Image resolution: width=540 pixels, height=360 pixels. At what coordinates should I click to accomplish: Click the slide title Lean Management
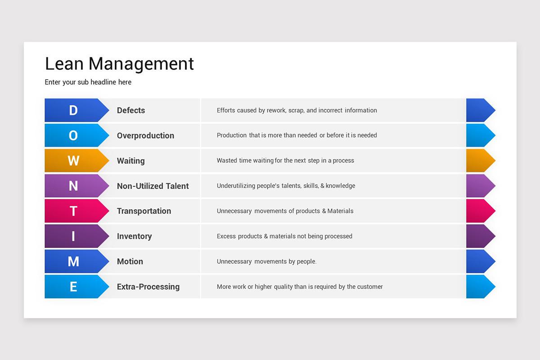[119, 64]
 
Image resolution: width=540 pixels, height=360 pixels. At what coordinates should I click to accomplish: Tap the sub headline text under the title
[88, 82]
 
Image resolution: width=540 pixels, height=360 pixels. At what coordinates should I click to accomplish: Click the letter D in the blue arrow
[73, 110]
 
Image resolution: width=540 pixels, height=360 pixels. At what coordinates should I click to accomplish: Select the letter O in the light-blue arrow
[73, 135]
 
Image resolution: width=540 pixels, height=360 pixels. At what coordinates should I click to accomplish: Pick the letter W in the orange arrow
[73, 161]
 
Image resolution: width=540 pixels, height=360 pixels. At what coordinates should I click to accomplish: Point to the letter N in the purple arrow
[73, 186]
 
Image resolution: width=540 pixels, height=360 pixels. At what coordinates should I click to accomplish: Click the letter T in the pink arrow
[73, 211]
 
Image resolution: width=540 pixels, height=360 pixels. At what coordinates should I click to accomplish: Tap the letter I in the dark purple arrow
[73, 236]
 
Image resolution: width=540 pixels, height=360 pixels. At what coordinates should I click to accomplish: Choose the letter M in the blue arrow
[73, 261]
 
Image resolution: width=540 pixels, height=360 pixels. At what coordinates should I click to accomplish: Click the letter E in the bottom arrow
[73, 287]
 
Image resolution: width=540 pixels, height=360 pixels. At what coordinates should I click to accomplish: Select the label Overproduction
[145, 135]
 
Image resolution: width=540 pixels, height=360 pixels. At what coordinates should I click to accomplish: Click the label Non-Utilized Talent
[153, 186]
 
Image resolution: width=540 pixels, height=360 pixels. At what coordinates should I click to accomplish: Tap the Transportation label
[144, 211]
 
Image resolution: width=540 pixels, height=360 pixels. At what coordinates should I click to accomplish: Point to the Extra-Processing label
[148, 287]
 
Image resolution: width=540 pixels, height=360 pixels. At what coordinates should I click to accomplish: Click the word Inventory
[134, 236]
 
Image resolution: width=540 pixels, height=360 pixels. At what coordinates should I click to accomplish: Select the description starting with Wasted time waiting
[285, 161]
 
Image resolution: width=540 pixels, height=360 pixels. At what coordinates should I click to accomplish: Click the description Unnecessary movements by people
[266, 261]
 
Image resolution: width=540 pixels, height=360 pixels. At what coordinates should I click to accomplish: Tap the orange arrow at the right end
[480, 161]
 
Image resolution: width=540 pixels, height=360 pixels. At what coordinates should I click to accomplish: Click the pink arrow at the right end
[480, 211]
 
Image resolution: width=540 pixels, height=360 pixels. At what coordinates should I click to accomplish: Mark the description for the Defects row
[297, 110]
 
